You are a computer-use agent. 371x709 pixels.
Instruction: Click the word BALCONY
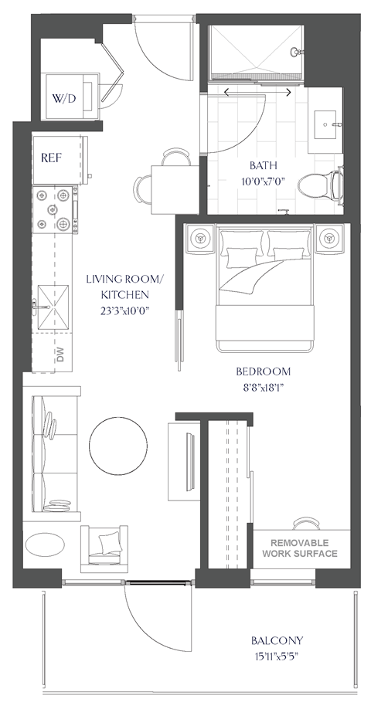[x=277, y=640]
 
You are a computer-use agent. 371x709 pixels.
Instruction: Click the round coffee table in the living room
[x=118, y=446]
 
